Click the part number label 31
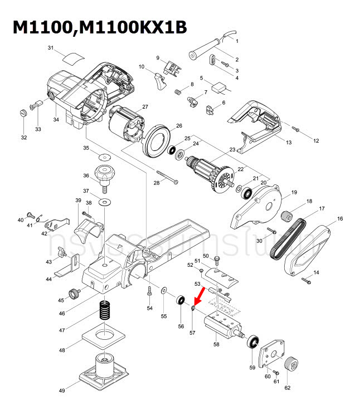(x=50, y=49)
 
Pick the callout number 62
(x=288, y=388)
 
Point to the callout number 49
(x=62, y=390)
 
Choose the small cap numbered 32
(x=23, y=114)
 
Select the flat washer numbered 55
(x=164, y=291)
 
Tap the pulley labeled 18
(x=288, y=214)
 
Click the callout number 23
(x=232, y=149)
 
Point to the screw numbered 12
(x=296, y=129)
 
